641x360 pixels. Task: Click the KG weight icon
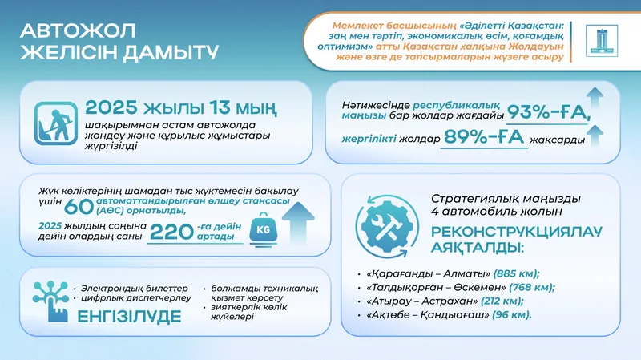coord(263,230)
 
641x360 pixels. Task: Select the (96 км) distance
coord(510,314)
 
